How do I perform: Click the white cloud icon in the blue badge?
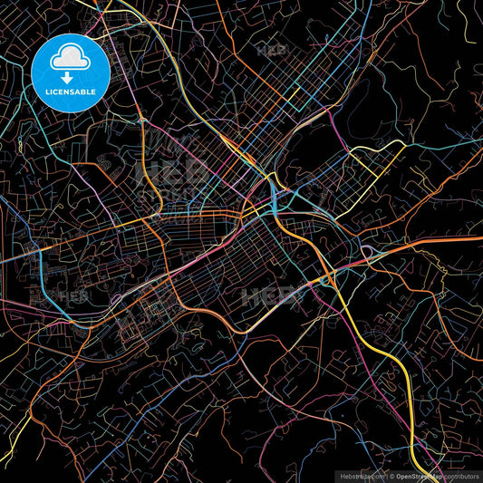[x=69, y=57]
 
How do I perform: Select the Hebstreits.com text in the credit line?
[x=361, y=475]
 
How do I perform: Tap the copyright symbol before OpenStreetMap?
[x=391, y=475]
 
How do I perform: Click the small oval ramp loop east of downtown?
[x=368, y=251]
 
